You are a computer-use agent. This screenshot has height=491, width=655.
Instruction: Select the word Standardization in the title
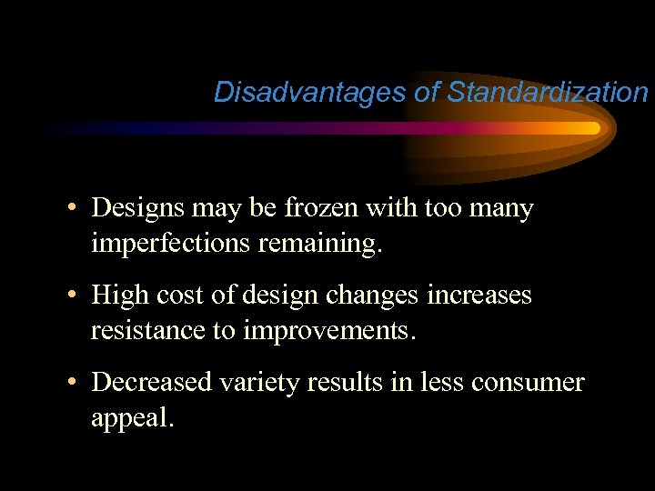pos(548,92)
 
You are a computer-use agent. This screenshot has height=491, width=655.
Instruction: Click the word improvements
pos(328,330)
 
